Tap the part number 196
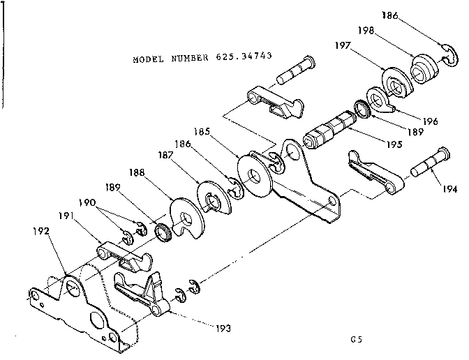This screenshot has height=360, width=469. pos(431,121)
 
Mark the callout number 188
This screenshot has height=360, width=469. pos(137,172)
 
